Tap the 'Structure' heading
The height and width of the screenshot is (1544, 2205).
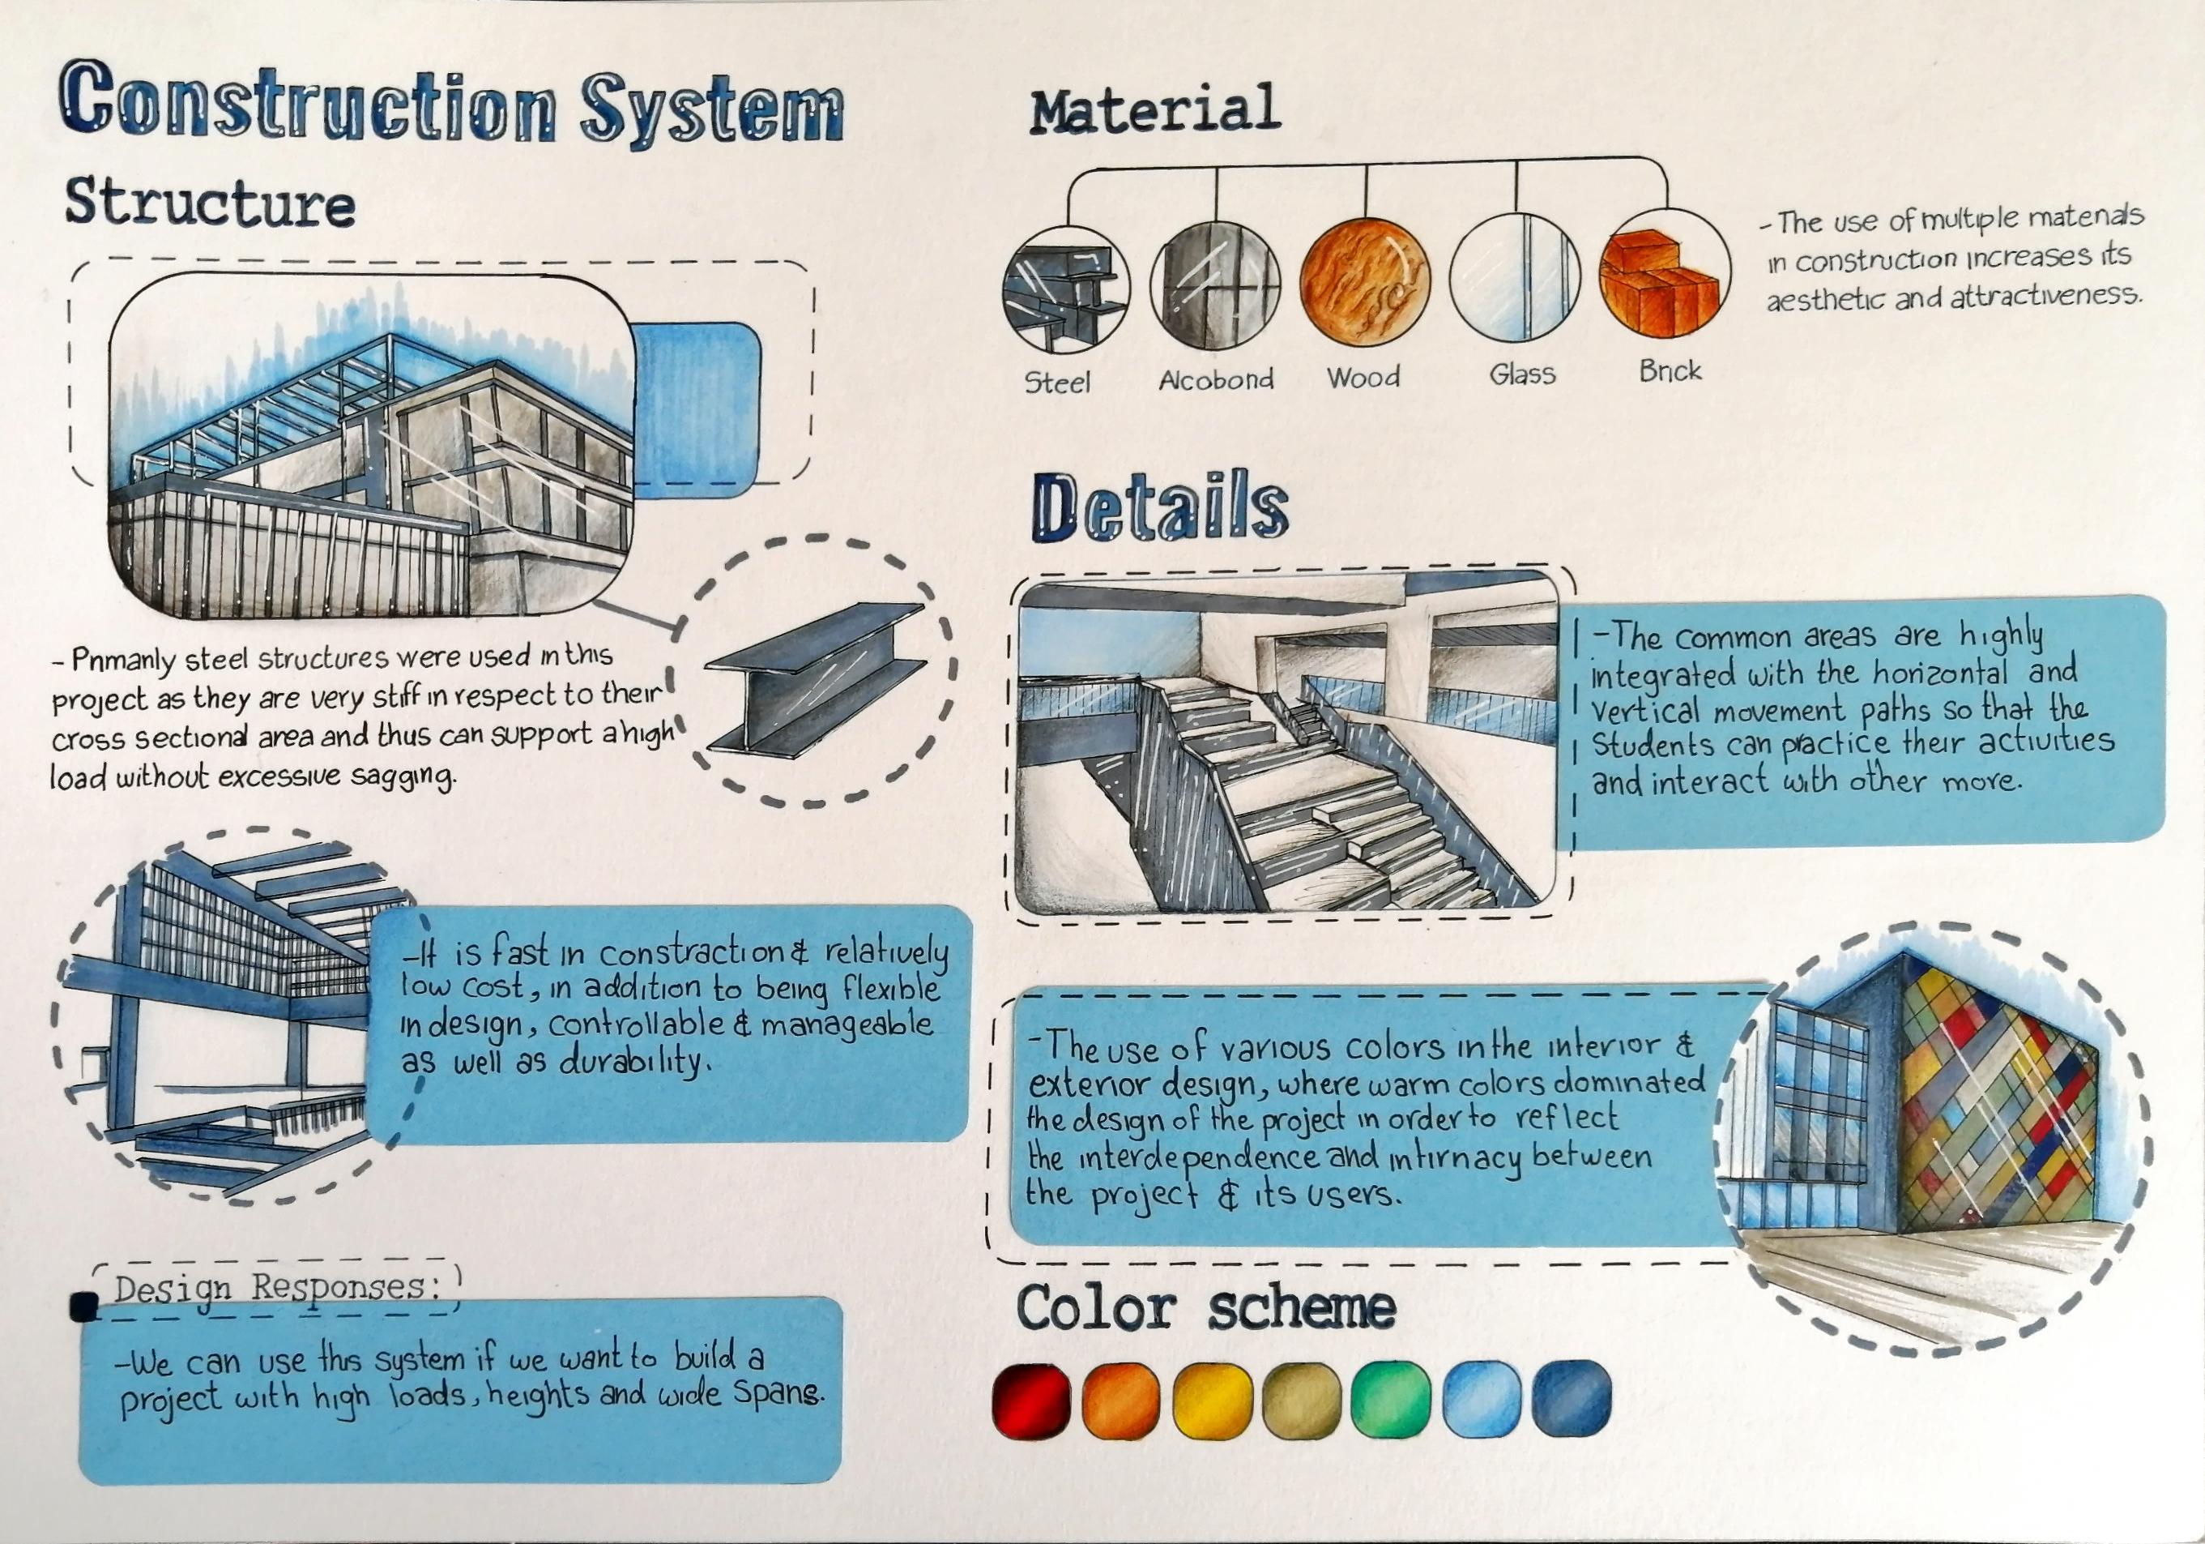pyautogui.click(x=209, y=203)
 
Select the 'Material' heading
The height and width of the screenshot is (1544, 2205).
pyautogui.click(x=1154, y=109)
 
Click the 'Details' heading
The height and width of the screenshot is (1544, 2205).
pyautogui.click(x=1159, y=507)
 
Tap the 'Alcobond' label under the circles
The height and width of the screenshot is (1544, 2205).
pyautogui.click(x=1216, y=379)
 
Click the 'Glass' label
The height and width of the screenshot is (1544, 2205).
pyautogui.click(x=1522, y=374)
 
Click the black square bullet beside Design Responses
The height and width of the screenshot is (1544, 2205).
pyautogui.click(x=84, y=1307)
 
